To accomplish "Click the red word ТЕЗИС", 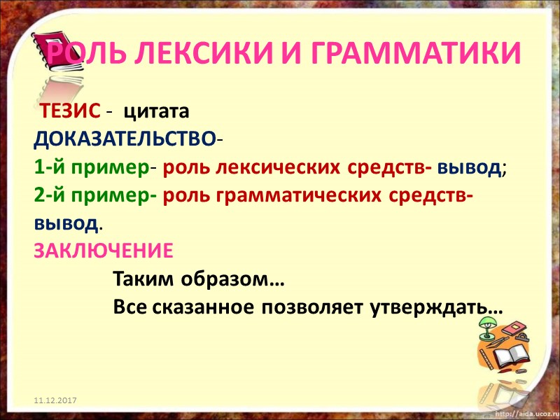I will pos(69,112).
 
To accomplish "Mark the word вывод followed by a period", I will pos(66,224).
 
